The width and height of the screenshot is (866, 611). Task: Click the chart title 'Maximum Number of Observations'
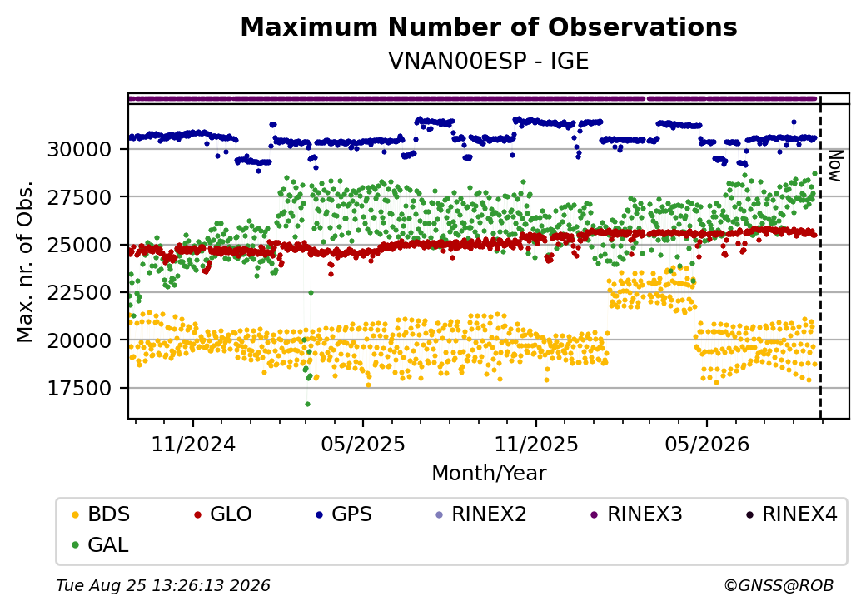point(489,27)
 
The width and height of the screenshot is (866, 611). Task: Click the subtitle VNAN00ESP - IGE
point(489,61)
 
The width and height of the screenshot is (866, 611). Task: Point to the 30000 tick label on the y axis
point(80,149)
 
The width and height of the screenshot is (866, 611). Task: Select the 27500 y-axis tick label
point(80,197)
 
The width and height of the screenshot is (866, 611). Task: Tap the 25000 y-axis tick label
point(80,245)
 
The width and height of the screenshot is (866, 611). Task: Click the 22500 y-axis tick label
point(80,292)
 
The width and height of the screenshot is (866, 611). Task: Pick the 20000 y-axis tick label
point(80,340)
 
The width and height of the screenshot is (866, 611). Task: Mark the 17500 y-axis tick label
point(80,388)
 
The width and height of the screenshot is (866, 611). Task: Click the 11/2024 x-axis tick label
point(193,444)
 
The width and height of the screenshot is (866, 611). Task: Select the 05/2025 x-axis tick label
point(363,444)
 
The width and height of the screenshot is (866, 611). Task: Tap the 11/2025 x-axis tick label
point(535,444)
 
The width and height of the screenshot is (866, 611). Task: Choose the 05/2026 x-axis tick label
point(707,444)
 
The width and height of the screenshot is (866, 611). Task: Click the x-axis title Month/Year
point(489,473)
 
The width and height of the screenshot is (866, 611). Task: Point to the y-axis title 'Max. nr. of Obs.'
point(25,261)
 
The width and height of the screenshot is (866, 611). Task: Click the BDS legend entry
point(102,514)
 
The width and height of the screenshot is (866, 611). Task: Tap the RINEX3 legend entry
point(637,514)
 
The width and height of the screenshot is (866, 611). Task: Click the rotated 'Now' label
point(836,166)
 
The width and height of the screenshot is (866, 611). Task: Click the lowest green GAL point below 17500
point(307,404)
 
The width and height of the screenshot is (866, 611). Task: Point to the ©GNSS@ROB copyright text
point(779,585)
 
